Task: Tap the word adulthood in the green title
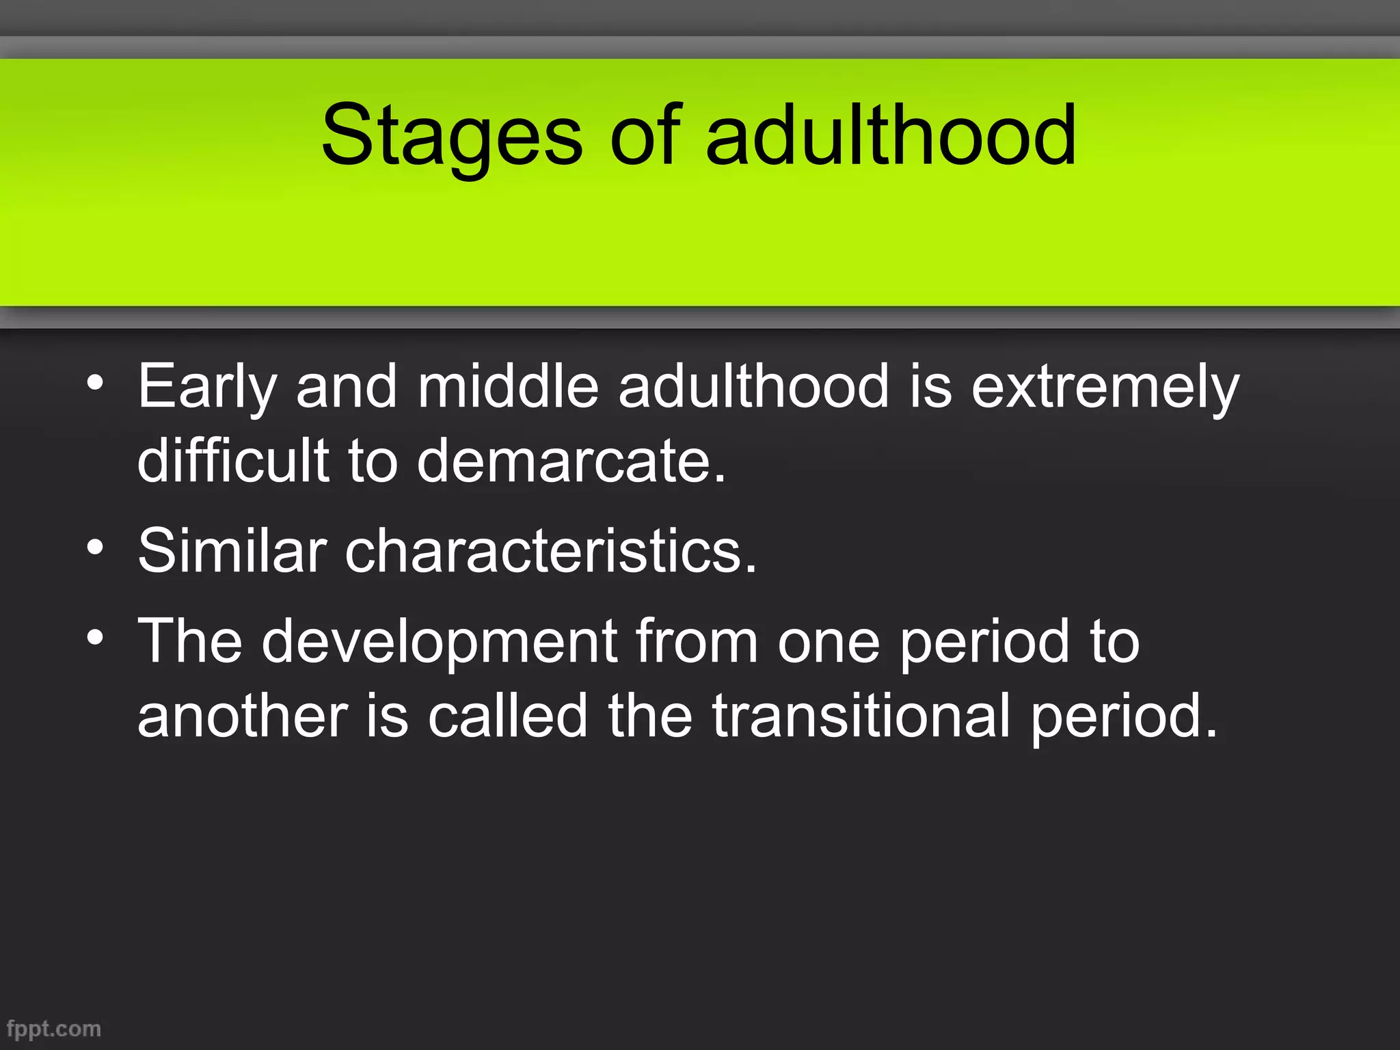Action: (891, 135)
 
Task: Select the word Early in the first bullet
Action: (206, 388)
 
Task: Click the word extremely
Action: (1105, 388)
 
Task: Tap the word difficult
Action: (233, 461)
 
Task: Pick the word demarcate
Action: (571, 462)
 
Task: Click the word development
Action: (440, 643)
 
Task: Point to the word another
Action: (243, 716)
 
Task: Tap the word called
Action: (508, 716)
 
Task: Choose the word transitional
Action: (861, 716)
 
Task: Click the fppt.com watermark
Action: (53, 1029)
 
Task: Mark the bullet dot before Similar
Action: (96, 547)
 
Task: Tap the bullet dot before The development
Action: (96, 638)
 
